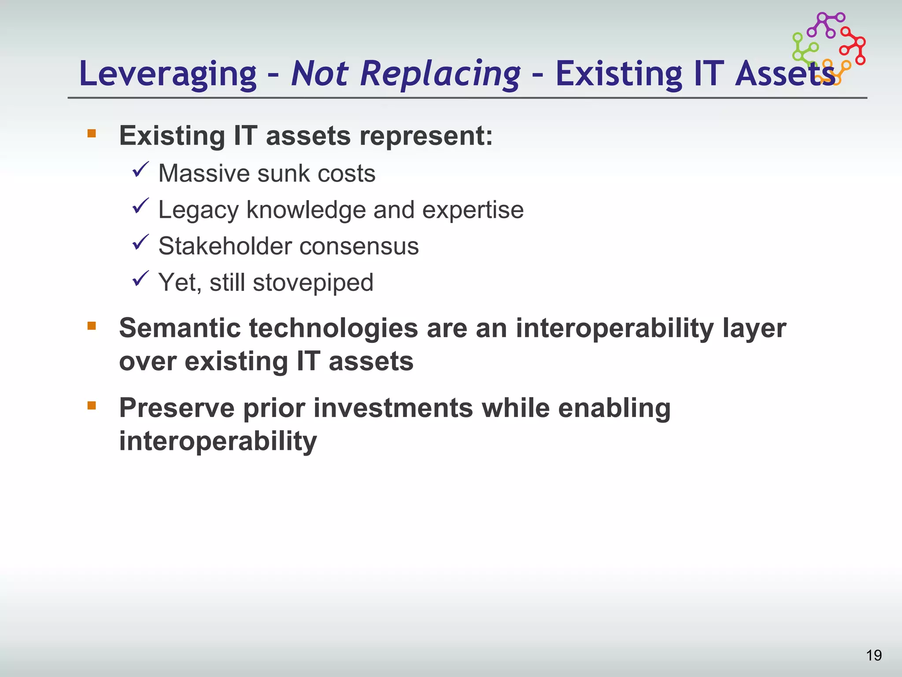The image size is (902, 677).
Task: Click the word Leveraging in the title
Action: pyautogui.click(x=167, y=74)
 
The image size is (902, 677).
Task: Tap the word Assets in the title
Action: pyautogui.click(x=784, y=74)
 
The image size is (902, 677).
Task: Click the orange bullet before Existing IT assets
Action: pyautogui.click(x=92, y=133)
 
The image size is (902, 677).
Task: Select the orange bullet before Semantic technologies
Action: pyautogui.click(x=92, y=326)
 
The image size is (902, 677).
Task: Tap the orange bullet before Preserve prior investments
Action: pyautogui.click(x=92, y=405)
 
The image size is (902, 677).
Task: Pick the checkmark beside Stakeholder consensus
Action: pyautogui.click(x=141, y=242)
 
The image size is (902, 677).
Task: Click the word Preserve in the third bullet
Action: pyautogui.click(x=177, y=408)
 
